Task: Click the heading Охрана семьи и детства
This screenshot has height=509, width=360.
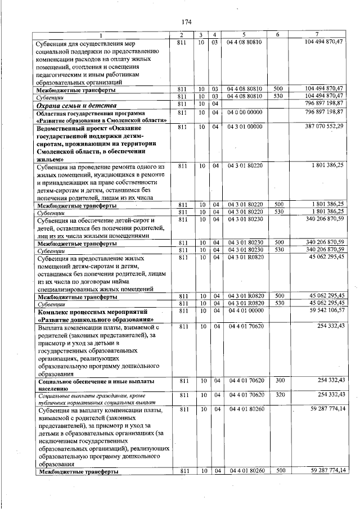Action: pyautogui.click(x=76, y=105)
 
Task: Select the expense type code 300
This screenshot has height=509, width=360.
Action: pyautogui.click(x=278, y=381)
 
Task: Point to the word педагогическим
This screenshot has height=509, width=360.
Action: pyautogui.click(x=60, y=74)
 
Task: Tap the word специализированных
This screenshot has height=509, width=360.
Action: pyautogui.click(x=66, y=289)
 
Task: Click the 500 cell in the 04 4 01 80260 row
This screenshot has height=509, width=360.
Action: pyautogui.click(x=278, y=471)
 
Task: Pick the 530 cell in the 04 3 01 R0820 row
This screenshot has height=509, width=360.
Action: pyautogui.click(x=278, y=303)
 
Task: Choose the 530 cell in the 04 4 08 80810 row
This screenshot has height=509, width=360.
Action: pyautogui.click(x=278, y=96)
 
